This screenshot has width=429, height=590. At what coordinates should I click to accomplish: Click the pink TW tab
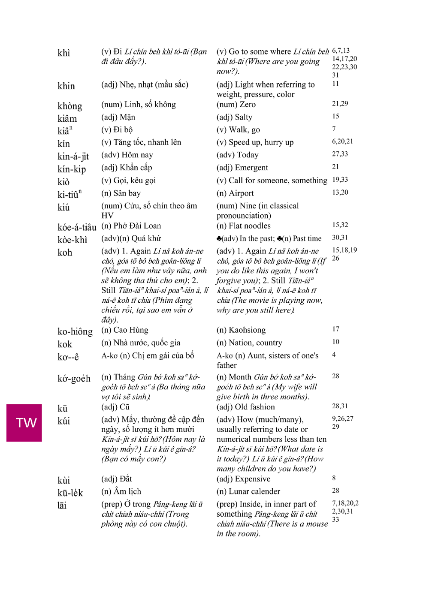click(24, 423)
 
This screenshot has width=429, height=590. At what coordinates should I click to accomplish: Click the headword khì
click(64, 53)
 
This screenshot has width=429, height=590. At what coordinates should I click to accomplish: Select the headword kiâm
click(67, 118)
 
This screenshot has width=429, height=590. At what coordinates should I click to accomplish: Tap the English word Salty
click(243, 117)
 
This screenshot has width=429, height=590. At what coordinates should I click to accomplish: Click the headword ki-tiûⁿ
click(69, 194)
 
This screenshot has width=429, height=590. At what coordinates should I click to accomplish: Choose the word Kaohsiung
click(247, 330)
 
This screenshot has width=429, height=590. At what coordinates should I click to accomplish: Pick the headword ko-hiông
click(75, 331)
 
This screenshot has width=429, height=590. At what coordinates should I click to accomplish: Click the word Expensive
click(250, 479)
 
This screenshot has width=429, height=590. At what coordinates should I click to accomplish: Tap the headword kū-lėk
click(70, 493)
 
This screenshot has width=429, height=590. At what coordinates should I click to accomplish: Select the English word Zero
click(248, 105)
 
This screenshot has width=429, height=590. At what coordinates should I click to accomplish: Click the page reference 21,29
click(340, 103)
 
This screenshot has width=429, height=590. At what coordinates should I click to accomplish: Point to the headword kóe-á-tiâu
click(77, 227)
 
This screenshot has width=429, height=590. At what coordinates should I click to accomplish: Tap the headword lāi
click(62, 505)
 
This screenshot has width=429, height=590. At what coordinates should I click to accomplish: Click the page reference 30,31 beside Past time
click(340, 238)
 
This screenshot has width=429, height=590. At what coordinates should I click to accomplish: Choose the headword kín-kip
click(72, 169)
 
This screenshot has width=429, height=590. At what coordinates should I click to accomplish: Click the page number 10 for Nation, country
click(335, 342)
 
